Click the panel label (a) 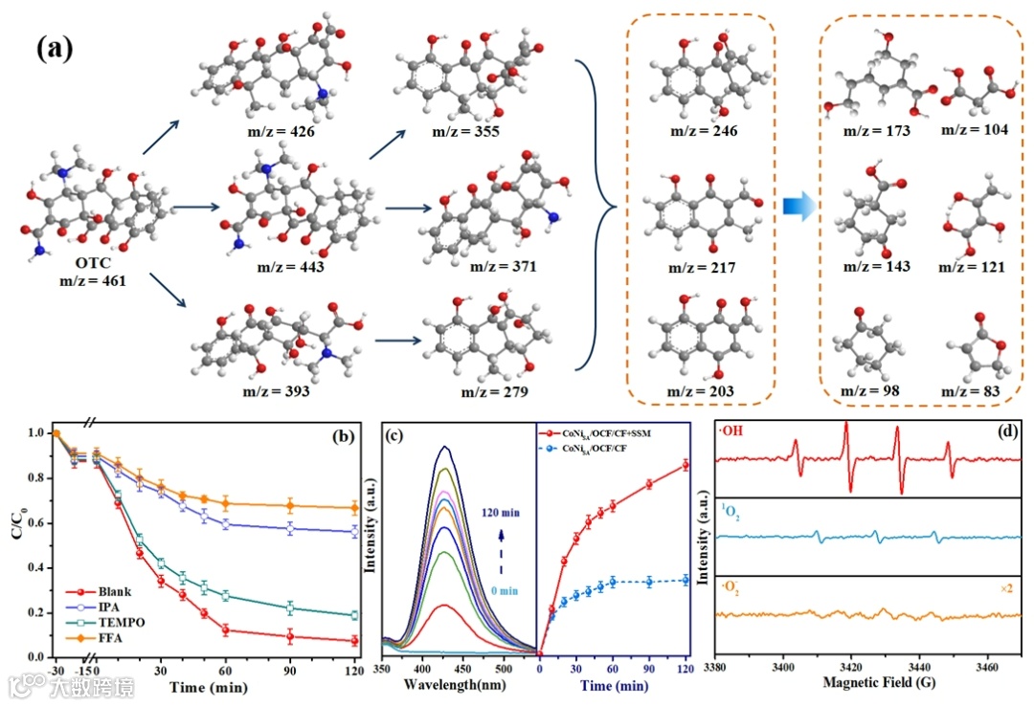[55, 48]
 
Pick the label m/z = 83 [972, 391]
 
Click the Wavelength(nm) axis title [454, 686]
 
